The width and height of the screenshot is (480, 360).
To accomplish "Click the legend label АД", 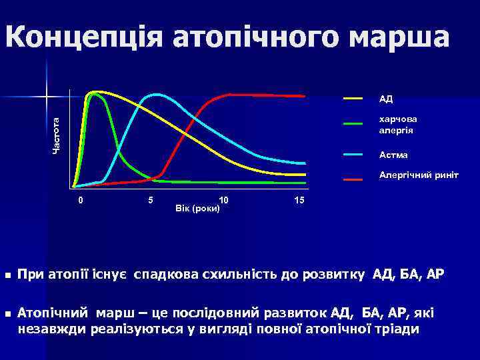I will pyautogui.click(x=386, y=99).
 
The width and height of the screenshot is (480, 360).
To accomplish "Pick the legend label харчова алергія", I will pyautogui.click(x=396, y=124).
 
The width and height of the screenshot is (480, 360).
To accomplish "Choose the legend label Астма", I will pyautogui.click(x=393, y=155).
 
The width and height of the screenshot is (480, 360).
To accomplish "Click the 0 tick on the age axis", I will pyautogui.click(x=81, y=200).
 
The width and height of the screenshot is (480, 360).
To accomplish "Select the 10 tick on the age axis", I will pyautogui.click(x=224, y=200).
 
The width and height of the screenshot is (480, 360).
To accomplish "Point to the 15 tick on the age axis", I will pyautogui.click(x=299, y=200).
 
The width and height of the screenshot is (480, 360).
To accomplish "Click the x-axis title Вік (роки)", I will pyautogui.click(x=197, y=209).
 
